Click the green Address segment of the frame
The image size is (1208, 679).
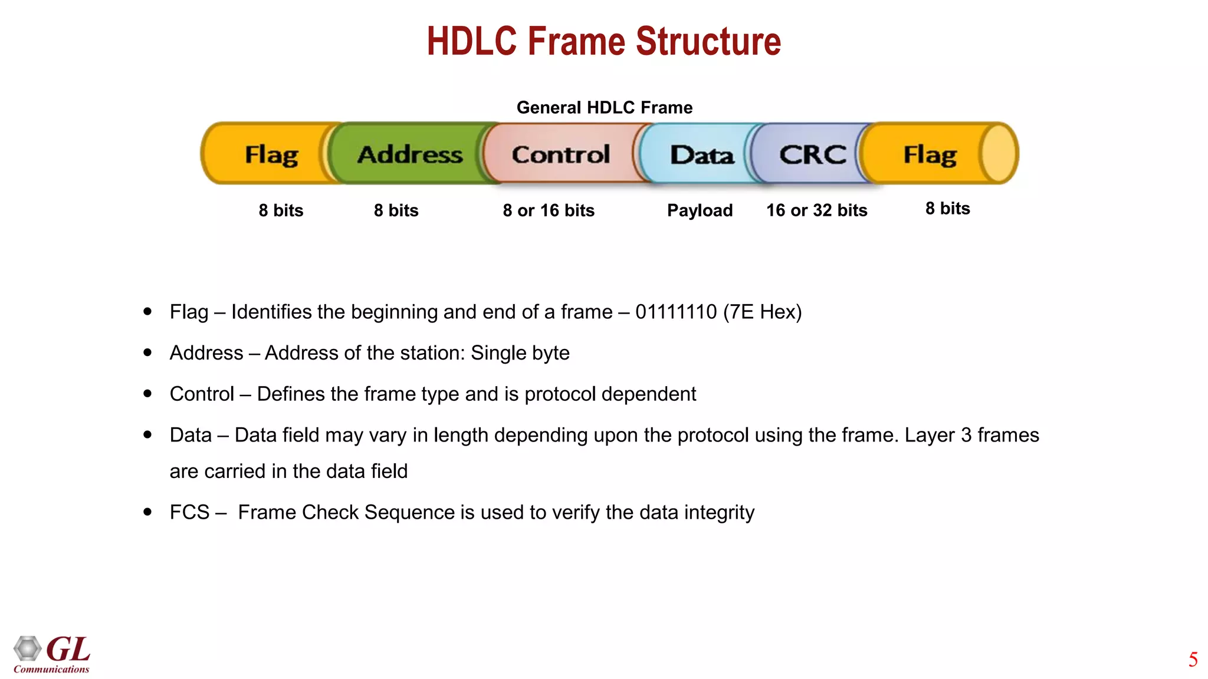pyautogui.click(x=410, y=154)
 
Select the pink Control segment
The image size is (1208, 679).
pyautogui.click(x=560, y=154)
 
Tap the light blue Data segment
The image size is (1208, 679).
pyautogui.click(x=701, y=155)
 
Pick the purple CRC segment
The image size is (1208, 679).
pyautogui.click(x=812, y=154)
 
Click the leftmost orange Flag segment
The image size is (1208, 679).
pyautogui.click(x=271, y=154)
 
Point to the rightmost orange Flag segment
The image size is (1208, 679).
pyautogui.click(x=930, y=154)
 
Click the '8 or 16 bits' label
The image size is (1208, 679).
pyautogui.click(x=549, y=210)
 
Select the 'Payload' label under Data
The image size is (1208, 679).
pyautogui.click(x=700, y=210)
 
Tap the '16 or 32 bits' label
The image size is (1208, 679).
pyautogui.click(x=816, y=210)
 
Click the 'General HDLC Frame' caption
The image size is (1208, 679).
pyautogui.click(x=604, y=107)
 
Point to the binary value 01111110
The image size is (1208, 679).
pyautogui.click(x=676, y=312)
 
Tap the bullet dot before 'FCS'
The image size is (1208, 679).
pyautogui.click(x=147, y=512)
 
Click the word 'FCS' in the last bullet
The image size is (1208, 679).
pyautogui.click(x=189, y=512)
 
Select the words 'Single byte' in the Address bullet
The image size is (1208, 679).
pyautogui.click(x=520, y=353)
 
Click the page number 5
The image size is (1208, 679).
pyautogui.click(x=1193, y=660)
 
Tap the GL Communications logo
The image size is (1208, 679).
pyautogui.click(x=52, y=654)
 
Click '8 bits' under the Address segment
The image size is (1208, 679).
pyautogui.click(x=396, y=210)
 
